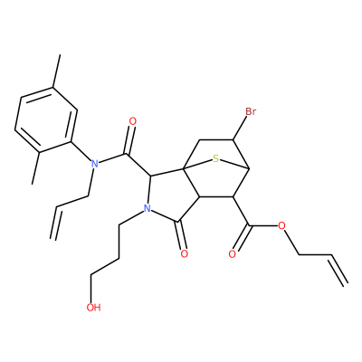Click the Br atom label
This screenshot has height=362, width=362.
tap(251, 111)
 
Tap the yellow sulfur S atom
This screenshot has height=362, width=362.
tap(215, 158)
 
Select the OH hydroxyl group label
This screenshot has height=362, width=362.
tap(93, 308)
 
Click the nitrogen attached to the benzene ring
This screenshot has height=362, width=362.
tap(95, 164)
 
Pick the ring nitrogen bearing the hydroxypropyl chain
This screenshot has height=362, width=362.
tap(147, 208)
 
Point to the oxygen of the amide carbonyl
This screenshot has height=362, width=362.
tap(133, 121)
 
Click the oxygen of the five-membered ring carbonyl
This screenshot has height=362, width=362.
tap(184, 253)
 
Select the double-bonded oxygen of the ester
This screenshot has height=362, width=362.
tap(232, 254)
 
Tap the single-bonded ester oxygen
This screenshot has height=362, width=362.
tap(281, 225)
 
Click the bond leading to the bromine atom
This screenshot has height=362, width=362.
tap(240, 129)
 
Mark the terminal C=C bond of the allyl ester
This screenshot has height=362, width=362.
tap(339, 269)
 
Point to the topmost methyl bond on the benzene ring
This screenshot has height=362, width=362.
tap(57, 71)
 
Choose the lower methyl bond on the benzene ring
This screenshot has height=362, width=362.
tap(35, 167)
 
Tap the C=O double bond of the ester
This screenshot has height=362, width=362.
tap(240, 238)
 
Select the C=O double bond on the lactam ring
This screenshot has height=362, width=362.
tap(182, 236)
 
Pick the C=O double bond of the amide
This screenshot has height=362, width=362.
tap(129, 140)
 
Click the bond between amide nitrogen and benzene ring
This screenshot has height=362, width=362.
tap(81, 151)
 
